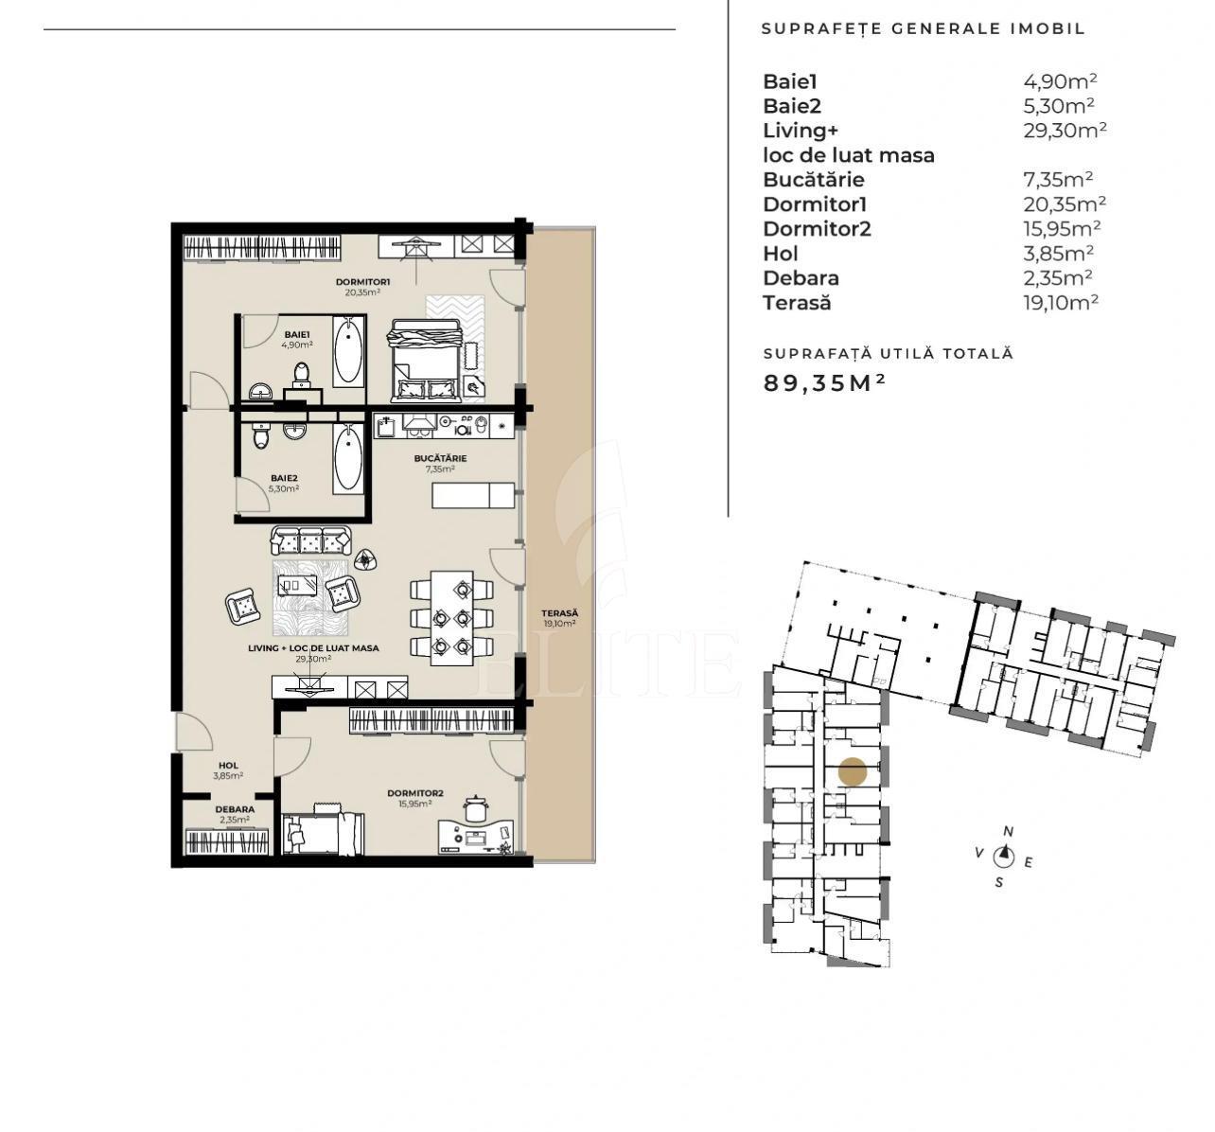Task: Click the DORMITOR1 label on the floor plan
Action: pyautogui.click(x=362, y=282)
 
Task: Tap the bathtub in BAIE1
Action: pyautogui.click(x=348, y=349)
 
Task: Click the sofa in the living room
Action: pyautogui.click(x=310, y=540)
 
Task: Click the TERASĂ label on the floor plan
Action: pyautogui.click(x=559, y=613)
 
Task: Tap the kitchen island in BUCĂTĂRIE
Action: pyautogui.click(x=473, y=495)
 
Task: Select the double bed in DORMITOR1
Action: pyautogui.click(x=425, y=361)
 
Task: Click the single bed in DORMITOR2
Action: pyautogui.click(x=323, y=831)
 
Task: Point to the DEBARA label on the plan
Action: pyautogui.click(x=234, y=809)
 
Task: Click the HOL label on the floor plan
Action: pyautogui.click(x=228, y=765)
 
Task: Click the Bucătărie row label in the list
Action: pyautogui.click(x=813, y=180)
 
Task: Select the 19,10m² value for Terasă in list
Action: pyautogui.click(x=1054, y=303)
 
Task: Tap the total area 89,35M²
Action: pyautogui.click(x=824, y=383)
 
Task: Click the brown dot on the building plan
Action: pyautogui.click(x=853, y=772)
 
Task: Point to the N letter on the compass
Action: pyautogui.click(x=1009, y=832)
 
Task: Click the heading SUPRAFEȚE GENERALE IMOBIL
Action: pyautogui.click(x=923, y=29)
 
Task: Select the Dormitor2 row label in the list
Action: pyautogui.click(x=817, y=229)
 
